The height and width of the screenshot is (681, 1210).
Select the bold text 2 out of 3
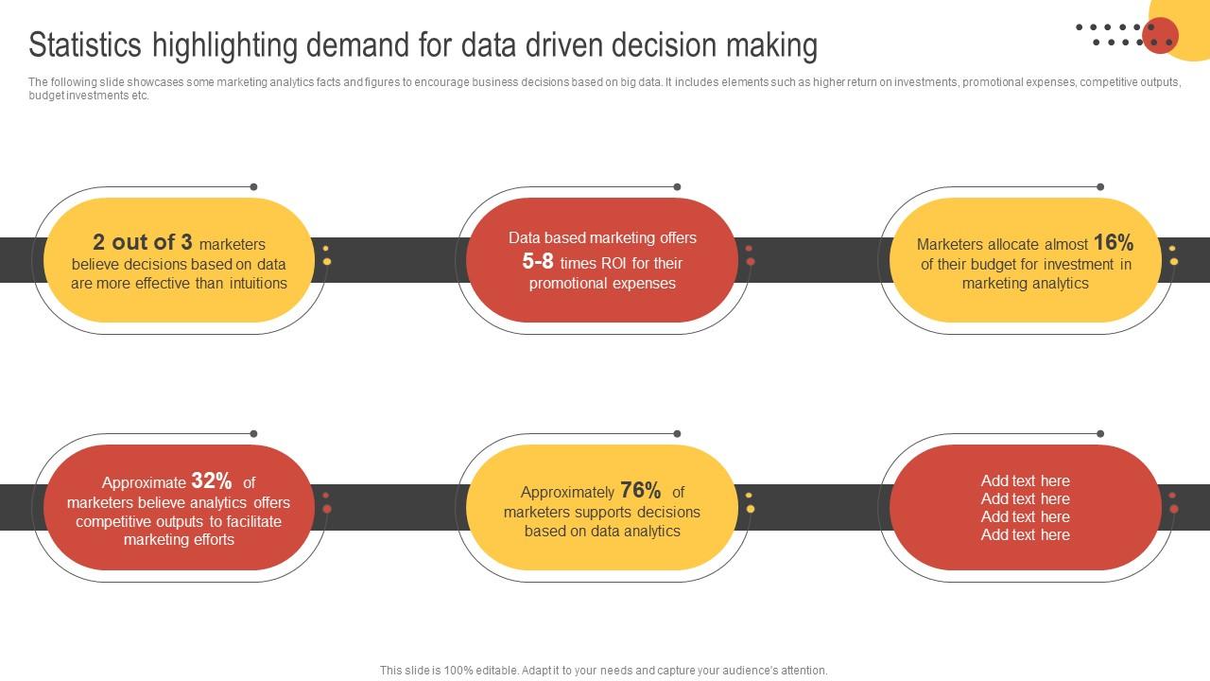pyautogui.click(x=142, y=242)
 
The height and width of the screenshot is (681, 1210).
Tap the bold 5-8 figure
pyautogui.click(x=538, y=262)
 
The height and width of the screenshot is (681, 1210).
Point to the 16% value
pyautogui.click(x=1113, y=242)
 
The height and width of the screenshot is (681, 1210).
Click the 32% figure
pyautogui.click(x=212, y=481)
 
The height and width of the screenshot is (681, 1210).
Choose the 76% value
pyautogui.click(x=641, y=491)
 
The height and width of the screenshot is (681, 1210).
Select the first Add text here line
pyautogui.click(x=1025, y=480)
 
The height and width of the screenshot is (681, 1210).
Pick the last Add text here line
pyautogui.click(x=1025, y=535)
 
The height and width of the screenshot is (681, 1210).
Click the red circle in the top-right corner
pyautogui.click(x=1160, y=36)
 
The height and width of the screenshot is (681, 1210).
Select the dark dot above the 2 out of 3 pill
pyautogui.click(x=253, y=187)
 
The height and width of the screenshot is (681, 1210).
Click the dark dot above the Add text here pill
pyautogui.click(x=1100, y=434)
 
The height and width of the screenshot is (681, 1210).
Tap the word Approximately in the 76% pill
pyautogui.click(x=567, y=493)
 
